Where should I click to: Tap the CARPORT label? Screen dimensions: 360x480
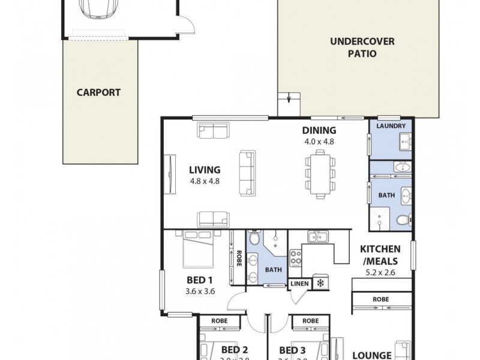pos(98,92)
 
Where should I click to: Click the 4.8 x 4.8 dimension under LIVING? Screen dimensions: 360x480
pos(205,181)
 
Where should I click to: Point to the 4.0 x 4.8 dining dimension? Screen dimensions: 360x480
pos(319,142)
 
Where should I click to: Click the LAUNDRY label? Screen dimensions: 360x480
pos(391,126)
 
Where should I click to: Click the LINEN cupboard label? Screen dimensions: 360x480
pos(300,283)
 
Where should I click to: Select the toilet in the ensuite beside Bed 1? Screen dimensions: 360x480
pos(254,239)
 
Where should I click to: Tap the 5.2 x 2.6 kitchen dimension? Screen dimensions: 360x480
pos(380,271)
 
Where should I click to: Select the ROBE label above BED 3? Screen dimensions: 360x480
pos(310,321)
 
